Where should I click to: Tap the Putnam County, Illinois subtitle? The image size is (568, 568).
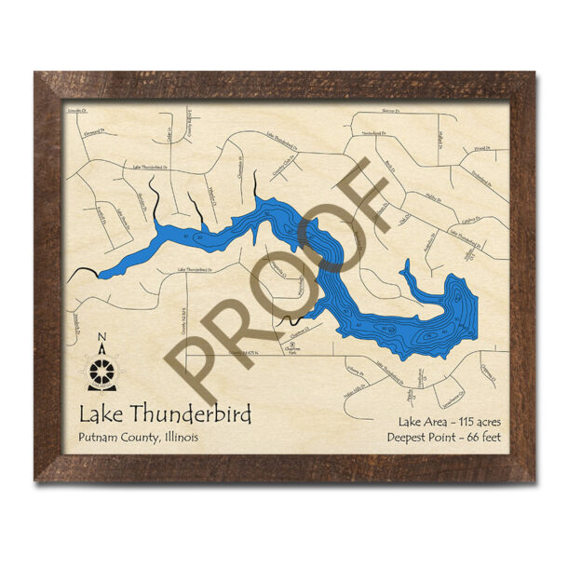click(138, 438)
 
